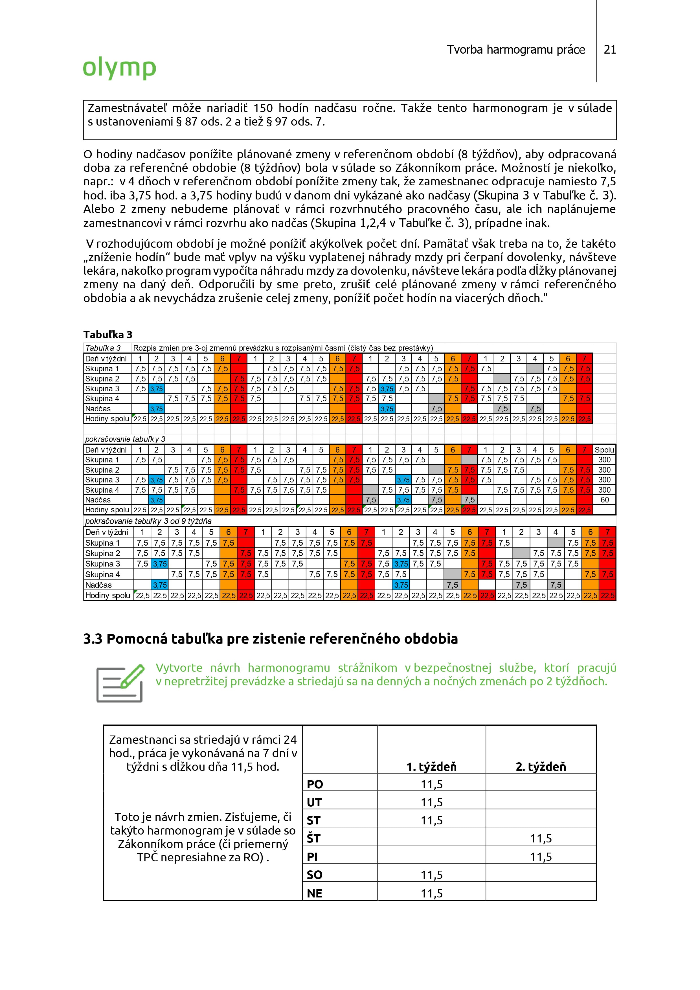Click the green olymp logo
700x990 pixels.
point(119,68)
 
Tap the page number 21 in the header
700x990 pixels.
point(610,50)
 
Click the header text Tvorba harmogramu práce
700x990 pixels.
point(516,50)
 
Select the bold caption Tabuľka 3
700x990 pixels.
point(108,335)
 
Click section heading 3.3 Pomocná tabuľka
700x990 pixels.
point(270,638)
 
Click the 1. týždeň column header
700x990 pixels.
point(431,766)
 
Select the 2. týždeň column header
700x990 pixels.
point(541,766)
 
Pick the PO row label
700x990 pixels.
point(315,784)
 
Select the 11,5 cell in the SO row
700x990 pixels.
point(432,875)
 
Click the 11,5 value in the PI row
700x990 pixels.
point(541,857)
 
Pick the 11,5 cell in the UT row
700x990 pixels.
point(432,802)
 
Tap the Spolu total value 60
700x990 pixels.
point(605,500)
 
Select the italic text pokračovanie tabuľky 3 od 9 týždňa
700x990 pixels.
point(148,521)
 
